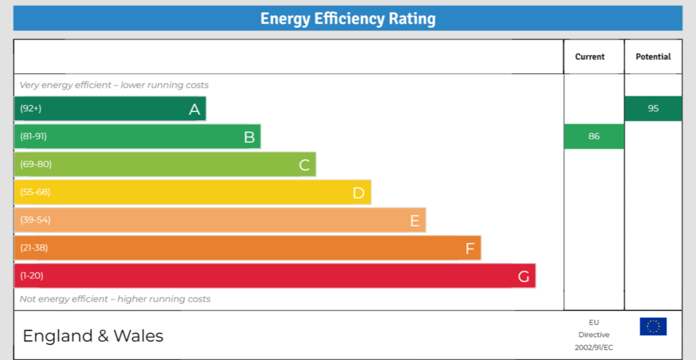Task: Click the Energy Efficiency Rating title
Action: pyautogui.click(x=347, y=18)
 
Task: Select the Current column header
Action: pyautogui.click(x=589, y=57)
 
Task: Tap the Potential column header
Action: pyautogui.click(x=652, y=57)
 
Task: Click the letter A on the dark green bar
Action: pyautogui.click(x=194, y=109)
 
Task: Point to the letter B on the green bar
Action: pyautogui.click(x=249, y=137)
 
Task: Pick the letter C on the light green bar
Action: pyautogui.click(x=304, y=165)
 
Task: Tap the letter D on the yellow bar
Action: pyautogui.click(x=359, y=193)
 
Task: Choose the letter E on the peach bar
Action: pyautogui.click(x=414, y=221)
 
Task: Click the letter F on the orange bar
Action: pyautogui.click(x=470, y=249)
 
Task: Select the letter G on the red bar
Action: pyautogui.click(x=523, y=276)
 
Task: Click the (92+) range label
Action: pyautogui.click(x=31, y=109)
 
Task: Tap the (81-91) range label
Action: pyautogui.click(x=33, y=137)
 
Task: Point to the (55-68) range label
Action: pyautogui.click(x=35, y=192)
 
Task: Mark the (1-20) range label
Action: pyautogui.click(x=32, y=276)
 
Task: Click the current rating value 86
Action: pyautogui.click(x=593, y=137)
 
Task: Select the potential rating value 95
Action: pyautogui.click(x=652, y=109)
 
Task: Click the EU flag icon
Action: pyautogui.click(x=652, y=327)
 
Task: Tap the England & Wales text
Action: pyautogui.click(x=93, y=336)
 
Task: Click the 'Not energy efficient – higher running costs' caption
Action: pyautogui.click(x=115, y=299)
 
